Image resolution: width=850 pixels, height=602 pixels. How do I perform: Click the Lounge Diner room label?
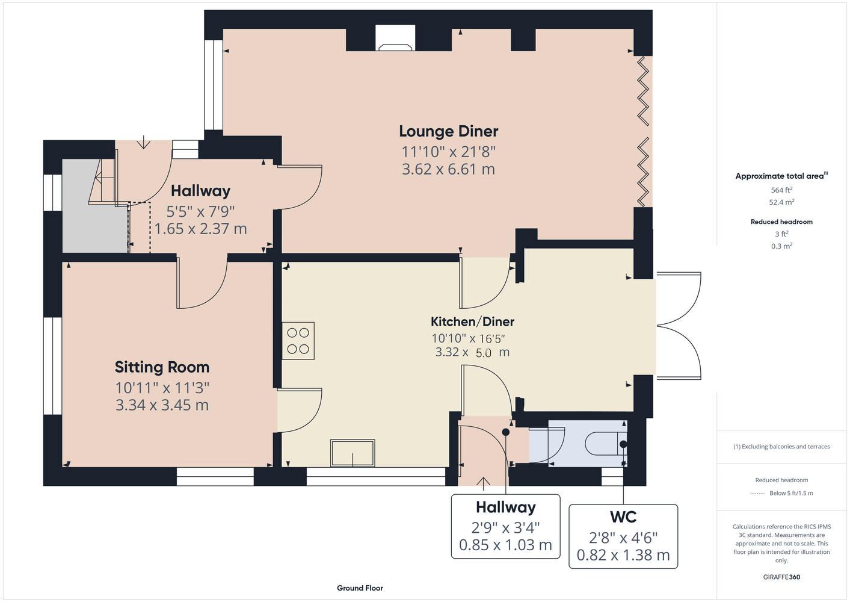click(x=448, y=131)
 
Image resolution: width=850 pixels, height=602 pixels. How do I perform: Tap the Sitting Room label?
click(x=162, y=367)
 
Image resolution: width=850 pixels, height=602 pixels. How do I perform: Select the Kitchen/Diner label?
click(x=472, y=321)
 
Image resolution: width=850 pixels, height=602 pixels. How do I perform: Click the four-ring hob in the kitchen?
click(x=298, y=341)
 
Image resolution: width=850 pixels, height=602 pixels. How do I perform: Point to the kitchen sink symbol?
click(x=353, y=453)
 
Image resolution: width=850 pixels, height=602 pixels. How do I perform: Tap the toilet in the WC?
click(x=606, y=444)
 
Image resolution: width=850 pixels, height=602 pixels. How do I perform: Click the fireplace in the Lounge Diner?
click(x=395, y=38)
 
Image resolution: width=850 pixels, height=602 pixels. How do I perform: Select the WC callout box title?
click(x=623, y=517)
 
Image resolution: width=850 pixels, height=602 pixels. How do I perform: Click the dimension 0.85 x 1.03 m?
click(x=505, y=545)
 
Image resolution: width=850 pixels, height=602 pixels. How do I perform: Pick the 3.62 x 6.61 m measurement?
click(x=448, y=169)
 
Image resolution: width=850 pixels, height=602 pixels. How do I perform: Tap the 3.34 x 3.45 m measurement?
click(x=162, y=405)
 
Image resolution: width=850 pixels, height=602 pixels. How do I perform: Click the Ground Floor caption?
click(x=360, y=588)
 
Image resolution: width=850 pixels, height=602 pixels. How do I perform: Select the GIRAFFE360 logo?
click(x=781, y=577)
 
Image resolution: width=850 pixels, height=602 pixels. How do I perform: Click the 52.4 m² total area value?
click(x=781, y=202)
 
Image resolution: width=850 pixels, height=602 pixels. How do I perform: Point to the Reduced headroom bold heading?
click(x=781, y=222)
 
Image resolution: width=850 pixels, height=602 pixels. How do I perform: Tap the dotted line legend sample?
click(x=757, y=494)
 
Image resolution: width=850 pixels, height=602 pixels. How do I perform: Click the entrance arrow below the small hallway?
click(x=483, y=482)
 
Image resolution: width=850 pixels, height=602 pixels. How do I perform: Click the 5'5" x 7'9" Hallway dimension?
click(x=200, y=211)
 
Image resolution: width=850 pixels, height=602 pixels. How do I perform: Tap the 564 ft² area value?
click(x=781, y=190)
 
